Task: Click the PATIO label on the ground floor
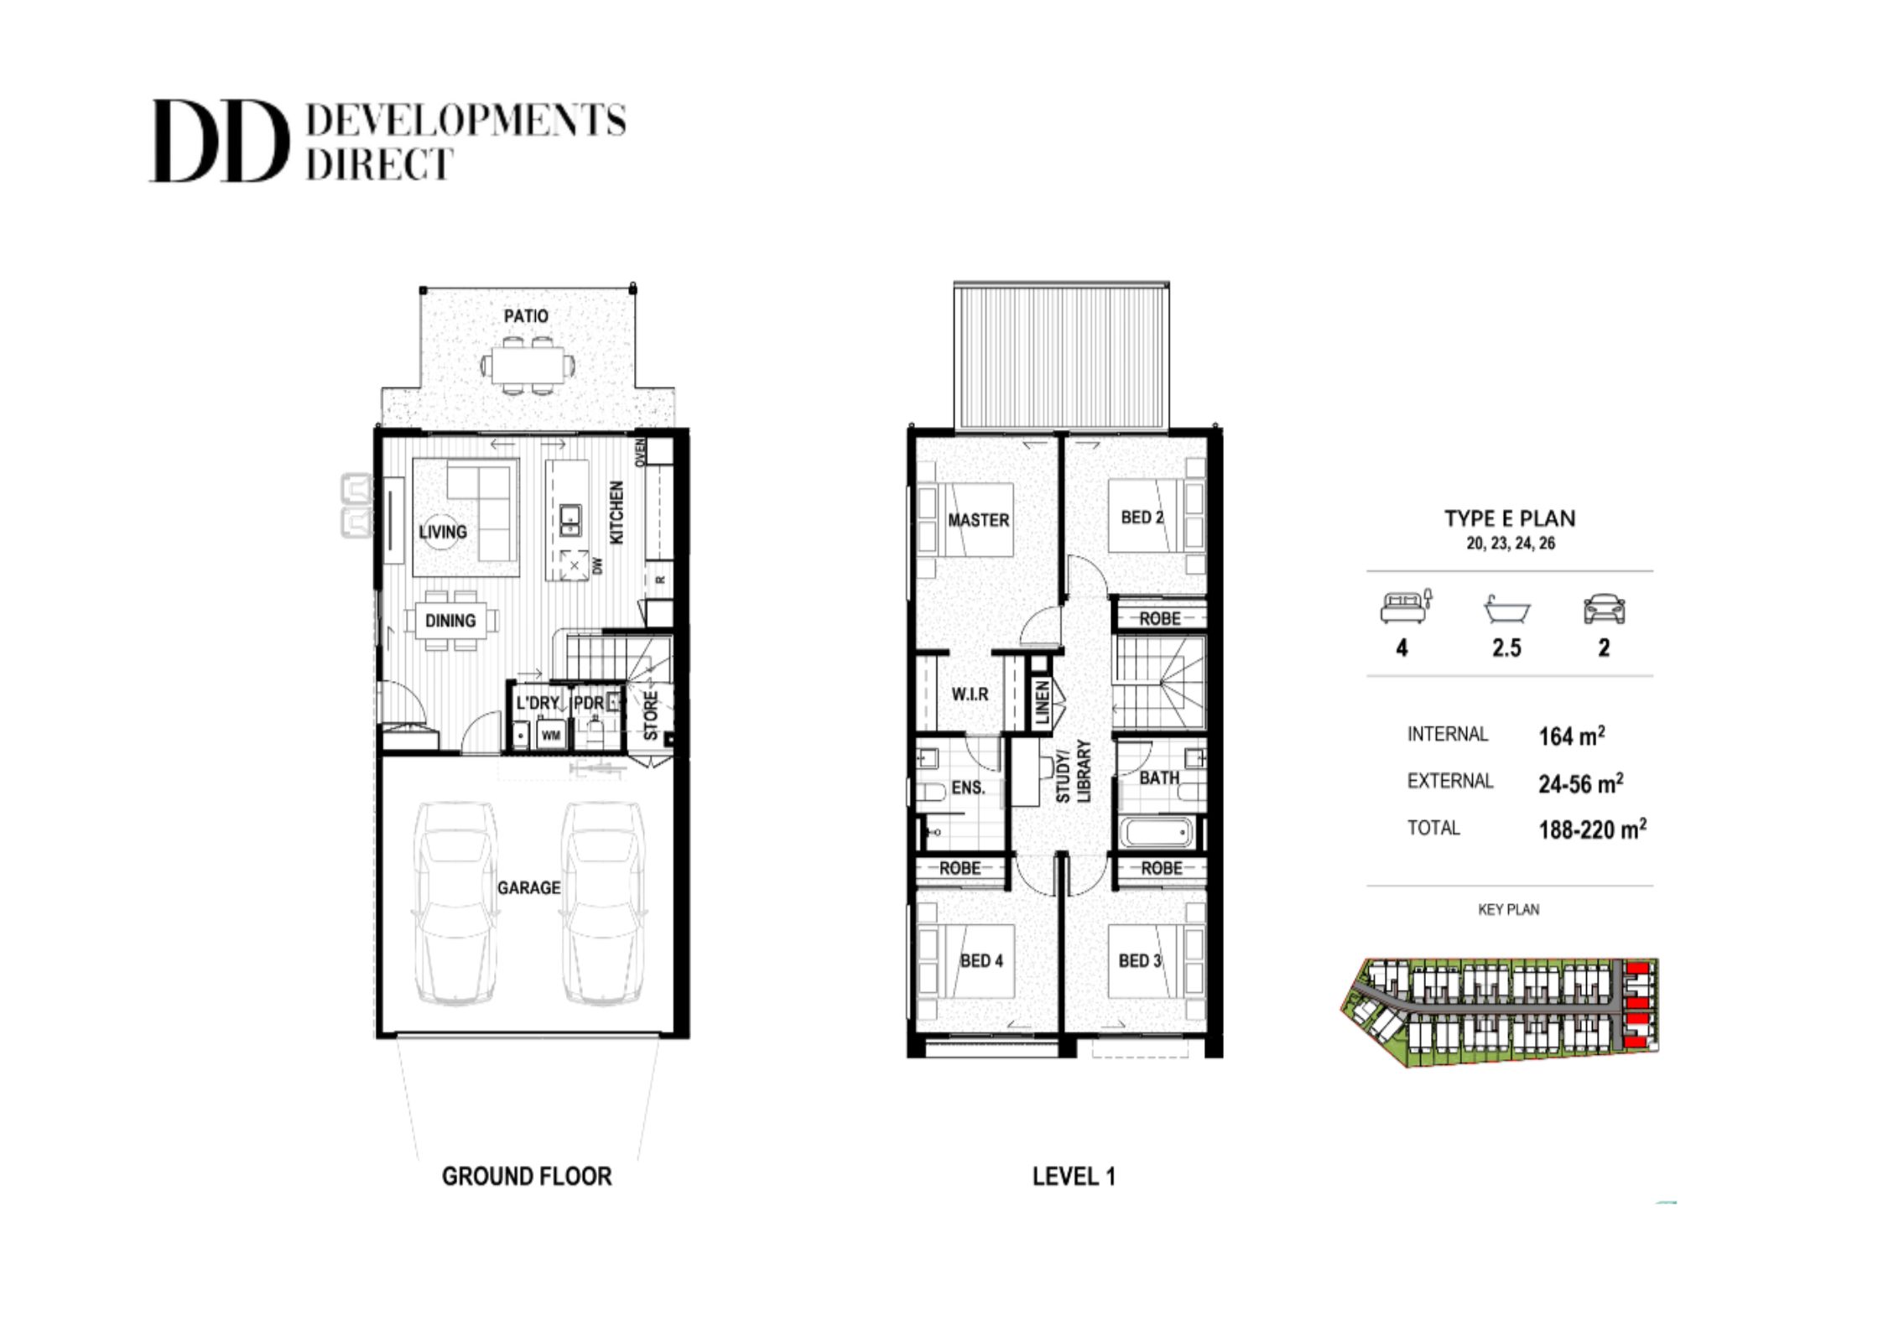click(526, 316)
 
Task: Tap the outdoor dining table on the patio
click(528, 365)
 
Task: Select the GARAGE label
click(528, 887)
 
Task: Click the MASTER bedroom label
click(979, 520)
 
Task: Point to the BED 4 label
click(981, 960)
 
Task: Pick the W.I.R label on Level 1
click(970, 694)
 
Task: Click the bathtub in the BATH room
click(1157, 833)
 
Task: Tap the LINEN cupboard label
click(1043, 702)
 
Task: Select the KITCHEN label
click(616, 512)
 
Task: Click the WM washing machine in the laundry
click(551, 736)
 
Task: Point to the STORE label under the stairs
click(651, 715)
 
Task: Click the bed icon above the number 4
click(1407, 606)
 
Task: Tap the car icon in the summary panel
click(1604, 610)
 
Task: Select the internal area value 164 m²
click(1572, 736)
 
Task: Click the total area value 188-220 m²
click(1592, 829)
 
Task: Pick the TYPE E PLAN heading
click(1510, 518)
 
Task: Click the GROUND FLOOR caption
click(527, 1177)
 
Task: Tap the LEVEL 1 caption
click(1074, 1177)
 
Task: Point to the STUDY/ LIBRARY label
click(1073, 771)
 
